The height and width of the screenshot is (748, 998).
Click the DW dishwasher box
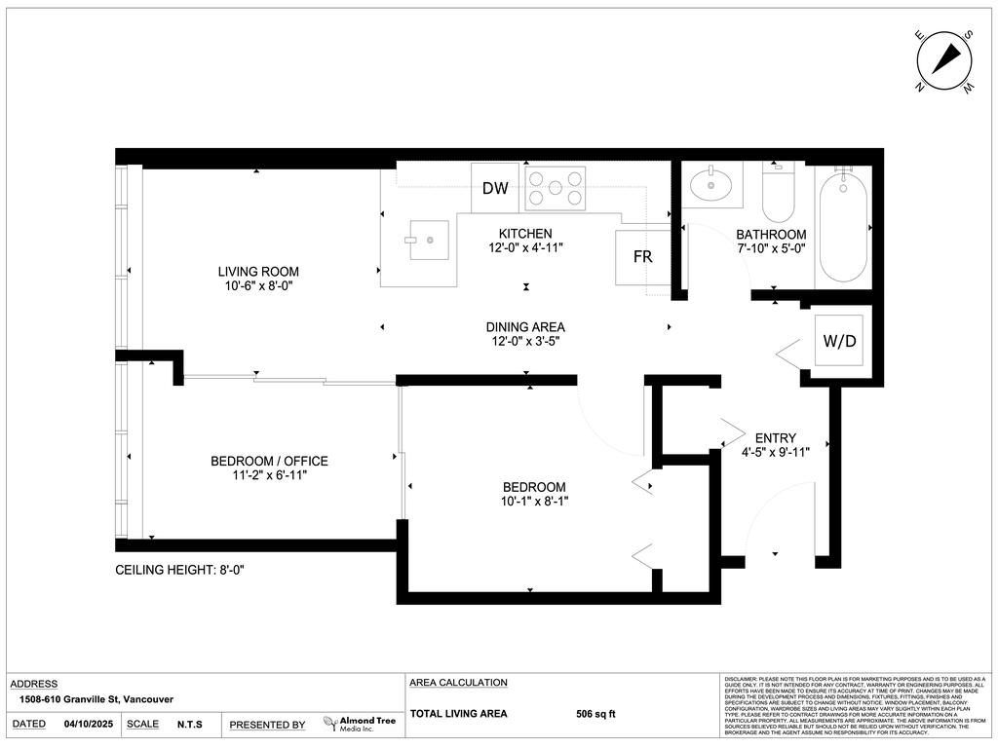pyautogui.click(x=495, y=188)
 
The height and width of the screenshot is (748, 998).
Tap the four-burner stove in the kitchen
pyautogui.click(x=556, y=188)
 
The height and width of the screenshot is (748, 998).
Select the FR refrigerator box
pyautogui.click(x=642, y=258)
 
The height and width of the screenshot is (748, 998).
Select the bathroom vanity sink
pyautogui.click(x=710, y=184)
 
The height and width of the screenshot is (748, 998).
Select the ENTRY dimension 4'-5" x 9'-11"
pyautogui.click(x=776, y=451)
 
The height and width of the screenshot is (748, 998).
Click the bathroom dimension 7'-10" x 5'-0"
pyautogui.click(x=771, y=248)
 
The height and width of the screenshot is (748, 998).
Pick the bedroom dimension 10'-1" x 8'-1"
pyautogui.click(x=533, y=502)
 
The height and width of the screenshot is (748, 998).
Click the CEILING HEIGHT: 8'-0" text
pyautogui.click(x=179, y=571)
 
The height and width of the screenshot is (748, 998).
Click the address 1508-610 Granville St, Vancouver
pyautogui.click(x=96, y=699)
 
